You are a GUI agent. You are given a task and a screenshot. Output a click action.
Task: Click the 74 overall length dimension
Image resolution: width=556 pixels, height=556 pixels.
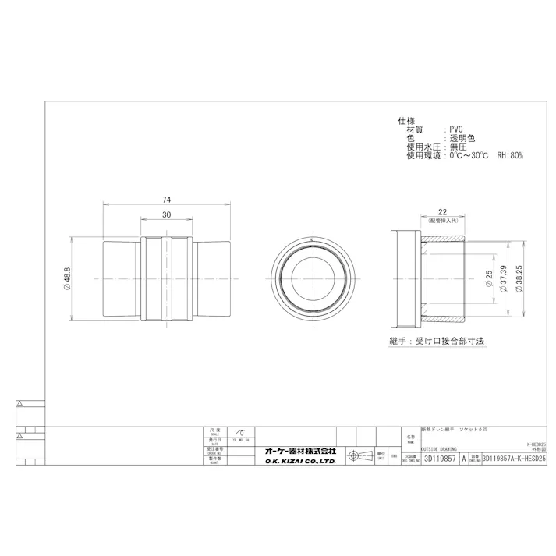[166, 200]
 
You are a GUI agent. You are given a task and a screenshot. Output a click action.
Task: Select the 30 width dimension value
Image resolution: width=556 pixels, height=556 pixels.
[166, 214]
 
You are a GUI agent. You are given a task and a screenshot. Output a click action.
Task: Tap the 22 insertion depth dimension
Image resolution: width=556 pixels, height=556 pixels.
[441, 212]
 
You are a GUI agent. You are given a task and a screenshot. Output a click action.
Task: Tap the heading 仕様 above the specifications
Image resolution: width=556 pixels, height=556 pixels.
[406, 121]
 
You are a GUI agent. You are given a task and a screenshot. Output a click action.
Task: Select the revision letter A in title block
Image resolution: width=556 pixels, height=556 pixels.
[465, 460]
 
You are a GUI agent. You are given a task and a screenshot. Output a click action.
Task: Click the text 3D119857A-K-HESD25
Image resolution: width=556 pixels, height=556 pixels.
[515, 460]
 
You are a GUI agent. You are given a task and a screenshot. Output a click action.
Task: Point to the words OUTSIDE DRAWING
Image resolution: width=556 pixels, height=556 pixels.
[439, 449]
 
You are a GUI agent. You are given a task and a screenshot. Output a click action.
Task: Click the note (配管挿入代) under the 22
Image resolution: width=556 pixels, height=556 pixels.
[441, 221]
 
